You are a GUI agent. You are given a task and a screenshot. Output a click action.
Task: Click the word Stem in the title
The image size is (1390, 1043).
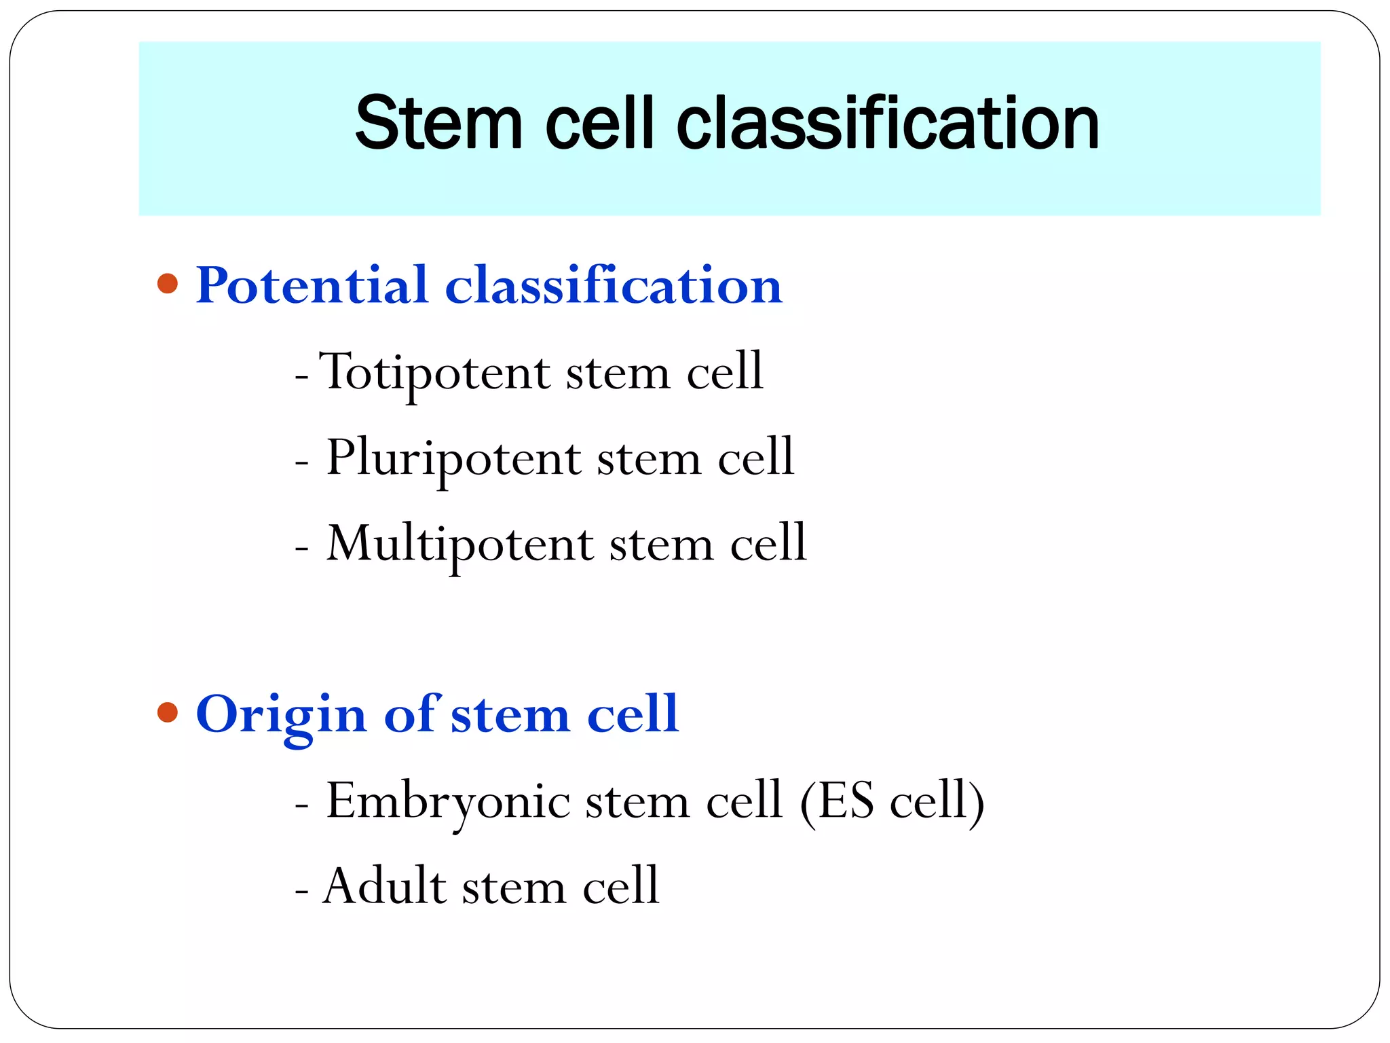[x=438, y=124]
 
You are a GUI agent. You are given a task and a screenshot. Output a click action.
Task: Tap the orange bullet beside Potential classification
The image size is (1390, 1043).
[x=167, y=283]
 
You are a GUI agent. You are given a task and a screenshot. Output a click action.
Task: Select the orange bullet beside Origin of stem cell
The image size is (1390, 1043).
[x=167, y=712]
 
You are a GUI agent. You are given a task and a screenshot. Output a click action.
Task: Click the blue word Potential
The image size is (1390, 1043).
[x=312, y=285]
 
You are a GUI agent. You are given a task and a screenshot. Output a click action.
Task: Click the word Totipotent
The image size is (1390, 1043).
[x=434, y=373]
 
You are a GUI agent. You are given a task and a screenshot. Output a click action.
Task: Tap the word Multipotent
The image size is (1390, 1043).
[x=459, y=544]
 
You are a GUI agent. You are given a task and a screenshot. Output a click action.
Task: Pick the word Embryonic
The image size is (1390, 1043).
[x=447, y=802]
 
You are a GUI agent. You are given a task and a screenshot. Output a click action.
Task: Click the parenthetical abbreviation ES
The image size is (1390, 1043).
[x=846, y=801]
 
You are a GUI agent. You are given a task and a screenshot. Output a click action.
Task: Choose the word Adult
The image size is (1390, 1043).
[x=385, y=886]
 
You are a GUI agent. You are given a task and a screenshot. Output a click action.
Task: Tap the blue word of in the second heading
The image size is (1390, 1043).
[x=411, y=714]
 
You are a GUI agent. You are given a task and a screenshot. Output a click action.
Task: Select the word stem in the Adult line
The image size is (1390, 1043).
[x=514, y=888]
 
